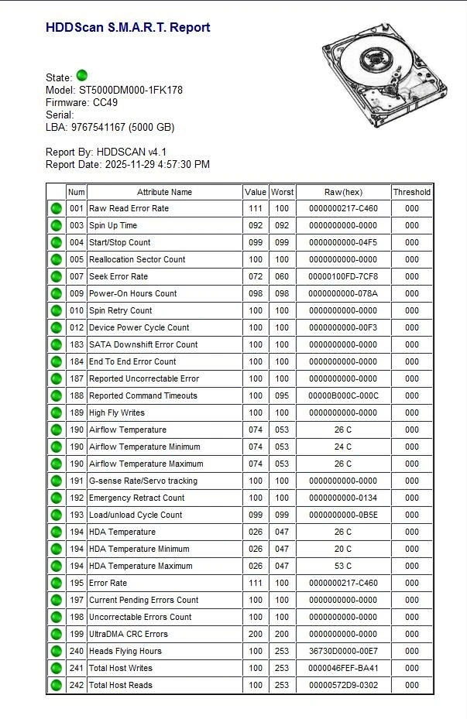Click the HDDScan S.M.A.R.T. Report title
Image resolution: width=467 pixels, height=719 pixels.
coord(128,28)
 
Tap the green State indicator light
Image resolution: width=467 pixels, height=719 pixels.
coord(82,76)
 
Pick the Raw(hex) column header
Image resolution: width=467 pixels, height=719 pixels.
coord(343,192)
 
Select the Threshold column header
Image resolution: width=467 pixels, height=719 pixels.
coord(411,192)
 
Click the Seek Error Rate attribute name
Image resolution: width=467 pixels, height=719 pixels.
coord(118,276)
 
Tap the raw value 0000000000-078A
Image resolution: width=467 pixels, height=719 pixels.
coord(343,293)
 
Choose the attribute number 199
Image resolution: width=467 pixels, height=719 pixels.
coord(76,634)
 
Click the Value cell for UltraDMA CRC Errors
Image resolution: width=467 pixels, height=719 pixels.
coord(255,634)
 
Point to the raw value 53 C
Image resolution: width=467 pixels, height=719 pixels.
coord(343,566)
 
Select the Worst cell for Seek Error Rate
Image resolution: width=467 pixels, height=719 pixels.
coord(282,276)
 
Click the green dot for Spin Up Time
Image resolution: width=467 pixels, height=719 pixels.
coord(56,225)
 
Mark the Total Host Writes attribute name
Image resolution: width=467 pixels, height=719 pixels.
coord(120,668)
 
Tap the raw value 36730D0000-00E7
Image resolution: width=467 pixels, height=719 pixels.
coord(343,651)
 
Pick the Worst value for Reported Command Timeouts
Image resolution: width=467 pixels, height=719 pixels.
coord(282,395)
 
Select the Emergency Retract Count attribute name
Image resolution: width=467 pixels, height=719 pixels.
coord(136,498)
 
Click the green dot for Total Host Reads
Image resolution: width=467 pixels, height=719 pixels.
coord(56,685)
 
